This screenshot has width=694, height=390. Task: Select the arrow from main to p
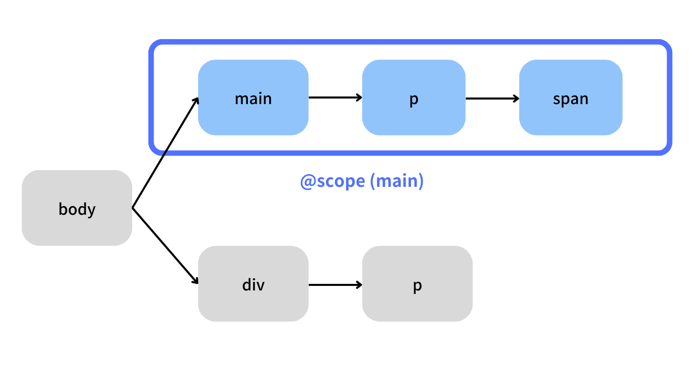coord(335,97)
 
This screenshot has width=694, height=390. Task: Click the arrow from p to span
coord(492,98)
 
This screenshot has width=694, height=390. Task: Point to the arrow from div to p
coord(335,284)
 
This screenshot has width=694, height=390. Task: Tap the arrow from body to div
coord(165,246)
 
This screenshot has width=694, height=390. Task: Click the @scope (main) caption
coord(362,181)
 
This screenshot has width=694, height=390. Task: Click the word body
coord(77,209)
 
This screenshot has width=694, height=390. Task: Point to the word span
coord(571,99)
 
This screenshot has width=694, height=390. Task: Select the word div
coord(253,284)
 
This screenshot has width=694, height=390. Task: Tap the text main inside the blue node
coord(253,98)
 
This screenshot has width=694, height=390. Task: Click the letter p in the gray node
coord(417,286)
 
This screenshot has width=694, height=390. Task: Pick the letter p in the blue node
coord(414,100)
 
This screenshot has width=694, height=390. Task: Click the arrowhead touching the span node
coord(516,98)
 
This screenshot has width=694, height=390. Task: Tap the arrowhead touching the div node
coord(195,281)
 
